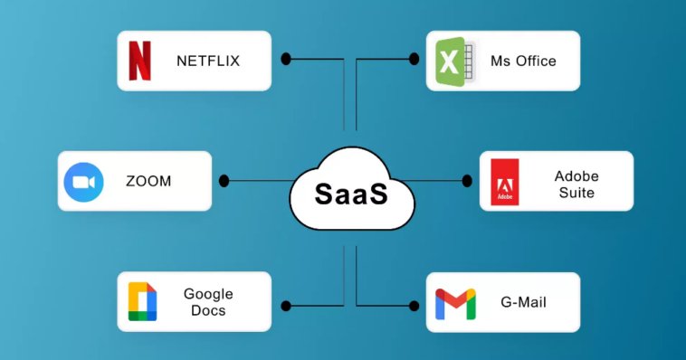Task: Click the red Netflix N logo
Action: click(x=139, y=61)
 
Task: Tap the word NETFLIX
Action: click(x=208, y=62)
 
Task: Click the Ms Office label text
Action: click(x=523, y=62)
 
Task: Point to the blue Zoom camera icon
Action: click(x=84, y=182)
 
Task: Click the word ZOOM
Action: click(x=148, y=182)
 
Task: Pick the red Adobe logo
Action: click(x=504, y=181)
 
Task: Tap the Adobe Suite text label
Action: click(x=576, y=184)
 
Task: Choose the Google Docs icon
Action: click(x=142, y=302)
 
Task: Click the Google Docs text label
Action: click(x=208, y=302)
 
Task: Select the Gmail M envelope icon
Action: click(x=454, y=303)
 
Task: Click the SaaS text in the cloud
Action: click(x=351, y=194)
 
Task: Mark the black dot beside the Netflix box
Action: click(x=286, y=59)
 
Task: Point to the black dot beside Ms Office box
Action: click(x=414, y=59)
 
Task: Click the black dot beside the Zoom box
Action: click(x=224, y=181)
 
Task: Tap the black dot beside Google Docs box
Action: click(x=286, y=306)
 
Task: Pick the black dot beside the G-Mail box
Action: click(x=414, y=306)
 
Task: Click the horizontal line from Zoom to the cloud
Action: click(x=258, y=181)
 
